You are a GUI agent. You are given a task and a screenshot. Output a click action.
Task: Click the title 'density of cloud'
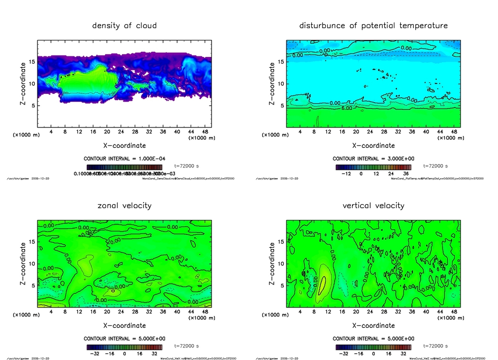coord(124,25)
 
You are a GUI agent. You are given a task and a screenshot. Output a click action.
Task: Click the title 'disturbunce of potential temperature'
coord(373,25)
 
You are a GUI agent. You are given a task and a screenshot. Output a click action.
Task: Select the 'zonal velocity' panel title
coord(124,205)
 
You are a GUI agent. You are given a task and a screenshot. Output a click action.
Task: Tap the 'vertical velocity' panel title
coord(373,205)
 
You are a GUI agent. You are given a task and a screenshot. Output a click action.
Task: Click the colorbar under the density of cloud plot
coord(124,166)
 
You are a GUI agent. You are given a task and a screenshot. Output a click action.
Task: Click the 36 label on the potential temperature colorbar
coord(405,173)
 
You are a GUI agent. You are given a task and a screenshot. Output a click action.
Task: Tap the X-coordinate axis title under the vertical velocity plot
coord(373,325)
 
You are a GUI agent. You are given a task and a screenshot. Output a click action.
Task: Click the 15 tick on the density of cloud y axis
coord(32,62)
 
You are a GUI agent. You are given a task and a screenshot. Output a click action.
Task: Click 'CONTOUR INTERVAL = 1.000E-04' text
coord(124,159)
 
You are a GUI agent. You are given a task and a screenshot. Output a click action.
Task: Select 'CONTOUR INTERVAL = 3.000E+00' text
coord(373,159)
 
